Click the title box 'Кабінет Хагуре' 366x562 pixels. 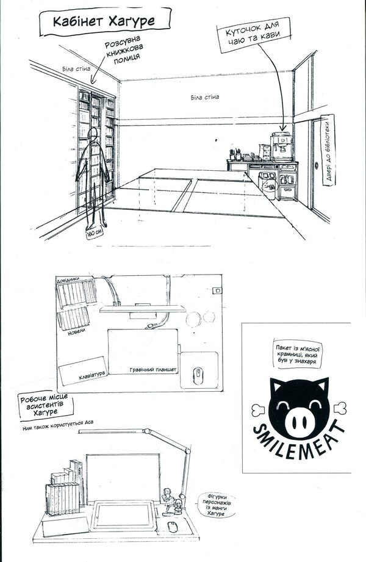pyautogui.click(x=105, y=22)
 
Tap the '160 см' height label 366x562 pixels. pyautogui.click(x=94, y=233)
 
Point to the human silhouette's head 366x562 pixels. pyautogui.click(x=93, y=134)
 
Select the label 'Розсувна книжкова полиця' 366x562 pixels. pyautogui.click(x=123, y=50)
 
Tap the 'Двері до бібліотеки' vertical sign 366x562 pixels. pyautogui.click(x=328, y=150)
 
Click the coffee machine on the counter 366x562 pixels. pyautogui.click(x=281, y=146)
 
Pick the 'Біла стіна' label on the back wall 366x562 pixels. pyautogui.click(x=205, y=98)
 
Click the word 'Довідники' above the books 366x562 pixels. pyautogui.click(x=68, y=280)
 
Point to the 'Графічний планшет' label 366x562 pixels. pyautogui.click(x=153, y=370)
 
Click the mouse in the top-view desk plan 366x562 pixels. pyautogui.click(x=198, y=376)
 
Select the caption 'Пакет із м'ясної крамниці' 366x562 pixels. pyautogui.click(x=298, y=354)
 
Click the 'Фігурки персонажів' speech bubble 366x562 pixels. pyautogui.click(x=217, y=505)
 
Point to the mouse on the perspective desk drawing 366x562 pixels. pyautogui.click(x=173, y=526)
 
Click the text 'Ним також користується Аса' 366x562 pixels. pyautogui.click(x=58, y=425)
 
